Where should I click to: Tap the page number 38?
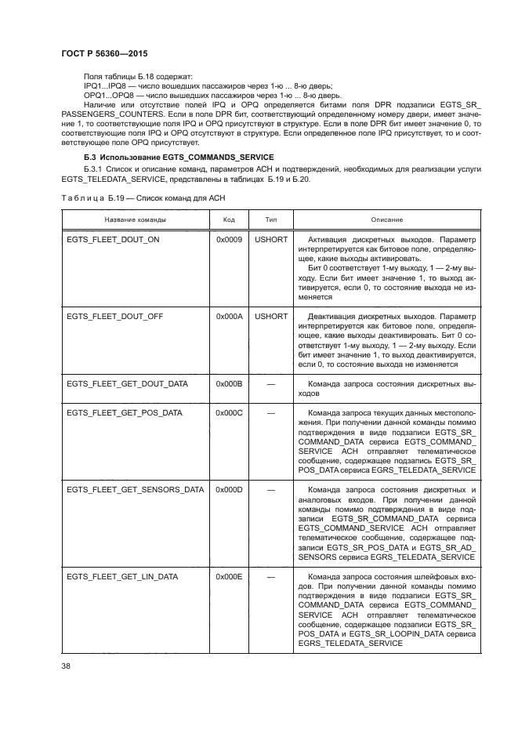pyautogui.click(x=67, y=667)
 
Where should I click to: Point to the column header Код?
pyautogui.click(x=230, y=220)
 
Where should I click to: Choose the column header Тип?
pyautogui.click(x=271, y=220)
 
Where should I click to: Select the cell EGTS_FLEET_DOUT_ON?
pyautogui.click(x=113, y=238)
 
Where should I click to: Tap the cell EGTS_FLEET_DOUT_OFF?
pyautogui.click(x=114, y=316)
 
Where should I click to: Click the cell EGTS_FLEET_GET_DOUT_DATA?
pyautogui.click(x=127, y=384)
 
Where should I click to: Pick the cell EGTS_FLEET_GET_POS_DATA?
pyautogui.click(x=125, y=412)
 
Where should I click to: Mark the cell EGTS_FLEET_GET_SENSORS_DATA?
pyautogui.click(x=135, y=489)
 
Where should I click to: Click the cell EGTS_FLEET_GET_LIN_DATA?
pyautogui.click(x=122, y=576)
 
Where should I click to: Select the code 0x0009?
pyautogui.click(x=229, y=238)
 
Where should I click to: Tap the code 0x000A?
pyautogui.click(x=229, y=316)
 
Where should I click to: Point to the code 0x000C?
pyautogui.click(x=229, y=412)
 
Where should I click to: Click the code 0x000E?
pyautogui.click(x=229, y=576)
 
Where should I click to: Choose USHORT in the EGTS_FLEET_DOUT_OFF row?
pyautogui.click(x=271, y=316)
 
